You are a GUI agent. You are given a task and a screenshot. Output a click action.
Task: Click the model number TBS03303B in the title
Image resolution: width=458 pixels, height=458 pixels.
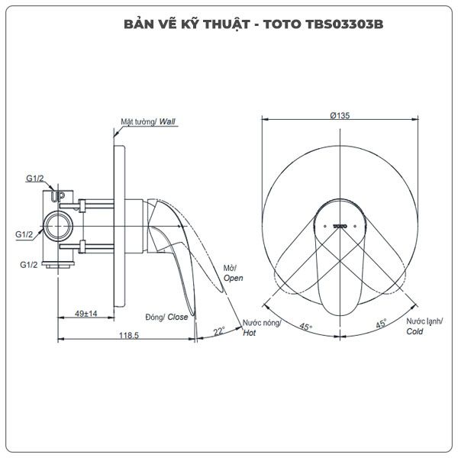click(344, 24)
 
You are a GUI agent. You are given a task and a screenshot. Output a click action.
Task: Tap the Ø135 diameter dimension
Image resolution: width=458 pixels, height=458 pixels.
click(340, 116)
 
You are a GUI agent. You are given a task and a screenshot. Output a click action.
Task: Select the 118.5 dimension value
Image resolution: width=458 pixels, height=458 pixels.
click(129, 336)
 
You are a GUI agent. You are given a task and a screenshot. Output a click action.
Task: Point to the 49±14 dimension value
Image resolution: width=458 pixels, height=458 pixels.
click(85, 314)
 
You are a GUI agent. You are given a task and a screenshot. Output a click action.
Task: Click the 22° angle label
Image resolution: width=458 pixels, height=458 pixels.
click(219, 331)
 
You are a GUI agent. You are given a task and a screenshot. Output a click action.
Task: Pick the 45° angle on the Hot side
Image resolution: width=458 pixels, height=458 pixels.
click(305, 327)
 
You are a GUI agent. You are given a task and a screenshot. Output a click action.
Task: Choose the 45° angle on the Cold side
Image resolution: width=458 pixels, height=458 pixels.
click(381, 324)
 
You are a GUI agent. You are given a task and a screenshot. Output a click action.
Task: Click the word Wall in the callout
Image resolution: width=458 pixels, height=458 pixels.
click(167, 122)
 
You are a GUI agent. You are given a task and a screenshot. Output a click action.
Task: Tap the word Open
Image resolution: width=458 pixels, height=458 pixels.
click(234, 278)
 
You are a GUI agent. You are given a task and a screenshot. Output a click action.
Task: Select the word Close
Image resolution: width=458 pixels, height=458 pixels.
click(178, 318)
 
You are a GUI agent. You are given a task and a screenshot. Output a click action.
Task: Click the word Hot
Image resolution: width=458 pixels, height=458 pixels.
click(250, 333)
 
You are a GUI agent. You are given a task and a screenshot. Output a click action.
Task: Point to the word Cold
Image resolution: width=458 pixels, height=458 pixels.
click(414, 331)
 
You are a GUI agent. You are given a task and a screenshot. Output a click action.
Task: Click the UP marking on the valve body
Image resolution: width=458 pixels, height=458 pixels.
click(57, 196)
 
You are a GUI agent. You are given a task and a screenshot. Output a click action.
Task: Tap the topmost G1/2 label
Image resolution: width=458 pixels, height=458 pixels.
click(35, 178)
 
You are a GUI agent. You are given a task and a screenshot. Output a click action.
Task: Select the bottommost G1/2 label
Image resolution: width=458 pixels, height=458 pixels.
click(29, 265)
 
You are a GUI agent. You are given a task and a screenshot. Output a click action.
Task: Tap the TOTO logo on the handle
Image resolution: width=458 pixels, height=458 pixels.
click(340, 227)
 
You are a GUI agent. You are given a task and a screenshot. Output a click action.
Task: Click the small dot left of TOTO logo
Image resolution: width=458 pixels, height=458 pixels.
click(325, 227)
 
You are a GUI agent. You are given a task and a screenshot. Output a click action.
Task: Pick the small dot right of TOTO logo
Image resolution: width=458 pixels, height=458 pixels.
click(355, 227)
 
